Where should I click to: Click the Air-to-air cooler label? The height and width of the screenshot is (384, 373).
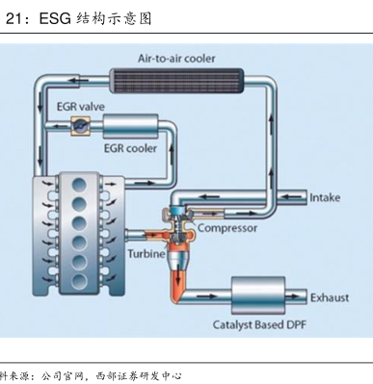[x=176, y=59]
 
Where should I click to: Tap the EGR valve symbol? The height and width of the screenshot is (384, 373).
[x=80, y=125]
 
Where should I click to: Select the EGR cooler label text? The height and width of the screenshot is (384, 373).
[x=130, y=148]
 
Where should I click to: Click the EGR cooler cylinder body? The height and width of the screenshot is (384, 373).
[x=130, y=126]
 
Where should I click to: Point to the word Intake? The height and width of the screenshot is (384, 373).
[x=325, y=197]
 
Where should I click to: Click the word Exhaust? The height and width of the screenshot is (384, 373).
[x=330, y=297]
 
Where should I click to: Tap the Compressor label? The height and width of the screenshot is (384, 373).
[x=227, y=228]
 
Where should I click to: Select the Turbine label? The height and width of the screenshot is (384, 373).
[x=147, y=254]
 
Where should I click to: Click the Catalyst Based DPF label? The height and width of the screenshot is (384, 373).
[x=259, y=324]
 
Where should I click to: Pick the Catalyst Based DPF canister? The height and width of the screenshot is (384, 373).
[x=258, y=295]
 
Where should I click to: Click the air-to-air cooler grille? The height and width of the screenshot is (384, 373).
[x=176, y=81]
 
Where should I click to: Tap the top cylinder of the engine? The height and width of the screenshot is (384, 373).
[x=79, y=185]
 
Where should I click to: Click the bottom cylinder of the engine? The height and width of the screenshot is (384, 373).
[x=79, y=282]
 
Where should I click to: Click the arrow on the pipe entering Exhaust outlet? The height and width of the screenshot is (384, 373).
[x=293, y=296]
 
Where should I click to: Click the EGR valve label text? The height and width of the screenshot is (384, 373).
[x=81, y=107]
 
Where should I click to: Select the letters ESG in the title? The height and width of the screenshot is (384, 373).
[x=55, y=19]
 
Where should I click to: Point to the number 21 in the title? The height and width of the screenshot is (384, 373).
[x=13, y=19]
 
